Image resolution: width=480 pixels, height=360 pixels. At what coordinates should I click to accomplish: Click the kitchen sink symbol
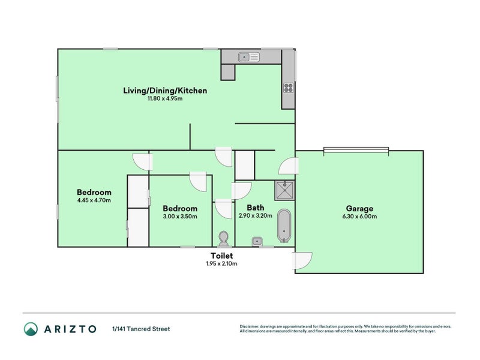tap(248, 58)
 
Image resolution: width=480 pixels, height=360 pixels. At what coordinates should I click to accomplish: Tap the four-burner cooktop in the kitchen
tap(288, 88)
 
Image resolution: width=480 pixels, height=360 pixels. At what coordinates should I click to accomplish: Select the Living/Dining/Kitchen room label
tap(165, 91)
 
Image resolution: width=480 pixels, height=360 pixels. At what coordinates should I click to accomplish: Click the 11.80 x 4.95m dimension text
tap(165, 98)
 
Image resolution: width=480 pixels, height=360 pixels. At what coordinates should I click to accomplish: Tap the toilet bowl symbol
tap(224, 239)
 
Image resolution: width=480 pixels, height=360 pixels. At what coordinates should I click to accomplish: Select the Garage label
tap(359, 208)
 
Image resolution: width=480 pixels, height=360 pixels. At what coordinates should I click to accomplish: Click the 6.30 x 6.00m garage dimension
tap(359, 217)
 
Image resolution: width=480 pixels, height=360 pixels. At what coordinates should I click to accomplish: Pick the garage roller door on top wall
tap(356, 149)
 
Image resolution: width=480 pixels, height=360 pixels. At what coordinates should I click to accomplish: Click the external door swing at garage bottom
tap(302, 260)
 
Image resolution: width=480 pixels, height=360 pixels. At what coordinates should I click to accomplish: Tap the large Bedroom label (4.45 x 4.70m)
tap(94, 193)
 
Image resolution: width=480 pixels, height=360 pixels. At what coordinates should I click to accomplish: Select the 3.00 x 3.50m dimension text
tap(181, 217)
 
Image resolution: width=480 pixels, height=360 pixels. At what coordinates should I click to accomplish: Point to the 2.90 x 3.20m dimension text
tap(256, 216)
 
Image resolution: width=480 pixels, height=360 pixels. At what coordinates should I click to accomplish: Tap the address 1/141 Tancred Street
tap(141, 329)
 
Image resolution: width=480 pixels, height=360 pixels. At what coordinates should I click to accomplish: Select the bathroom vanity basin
tap(257, 241)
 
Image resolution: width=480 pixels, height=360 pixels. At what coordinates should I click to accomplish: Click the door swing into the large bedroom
tap(142, 161)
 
